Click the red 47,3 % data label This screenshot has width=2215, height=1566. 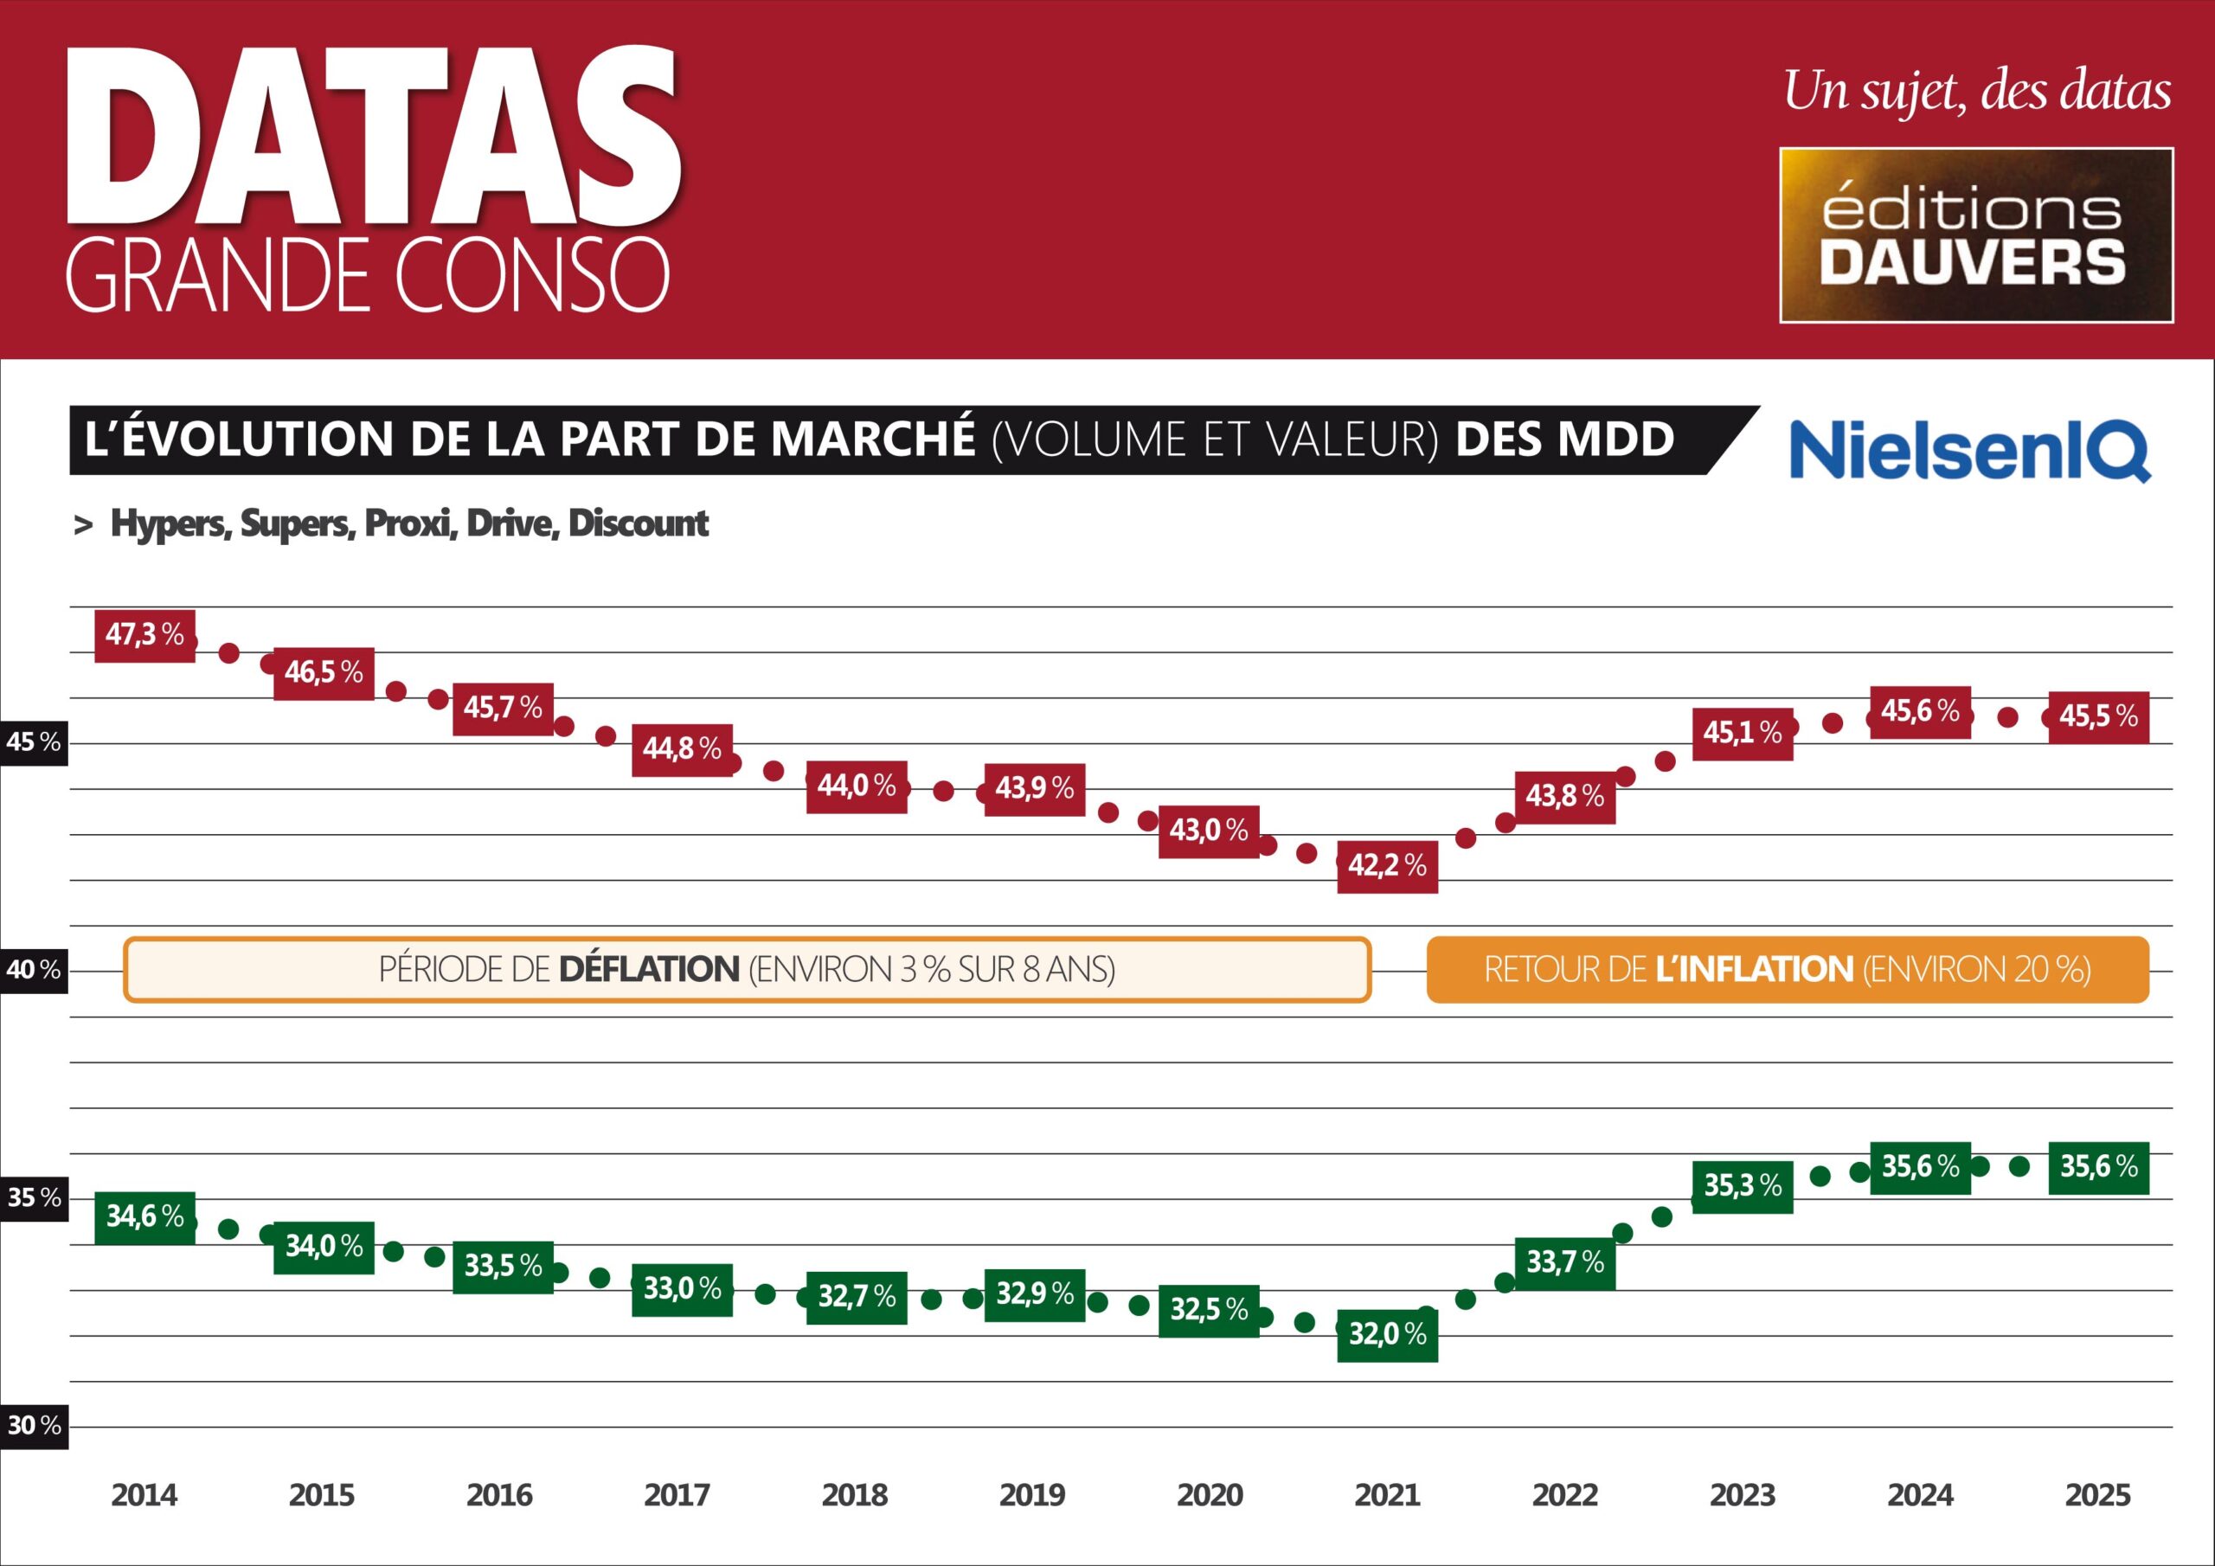point(144,635)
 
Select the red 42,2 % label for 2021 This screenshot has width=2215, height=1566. point(1387,865)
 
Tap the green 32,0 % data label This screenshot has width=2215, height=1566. point(1387,1334)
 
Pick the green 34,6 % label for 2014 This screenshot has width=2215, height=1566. point(144,1216)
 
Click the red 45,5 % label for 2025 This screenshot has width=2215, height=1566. point(2098,717)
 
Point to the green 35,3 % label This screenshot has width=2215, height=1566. point(1743,1186)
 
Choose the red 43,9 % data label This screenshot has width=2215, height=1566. point(1034,789)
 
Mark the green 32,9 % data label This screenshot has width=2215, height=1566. point(1034,1294)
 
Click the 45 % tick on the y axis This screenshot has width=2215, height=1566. point(34,742)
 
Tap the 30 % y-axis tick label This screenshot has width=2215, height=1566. point(34,1425)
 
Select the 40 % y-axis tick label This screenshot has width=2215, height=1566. point(34,970)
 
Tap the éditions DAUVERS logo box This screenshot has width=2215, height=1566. point(1975,235)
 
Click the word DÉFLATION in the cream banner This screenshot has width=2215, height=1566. point(649,970)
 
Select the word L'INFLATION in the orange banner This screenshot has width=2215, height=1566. point(1754,970)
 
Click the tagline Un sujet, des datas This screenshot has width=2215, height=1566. point(1977,93)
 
